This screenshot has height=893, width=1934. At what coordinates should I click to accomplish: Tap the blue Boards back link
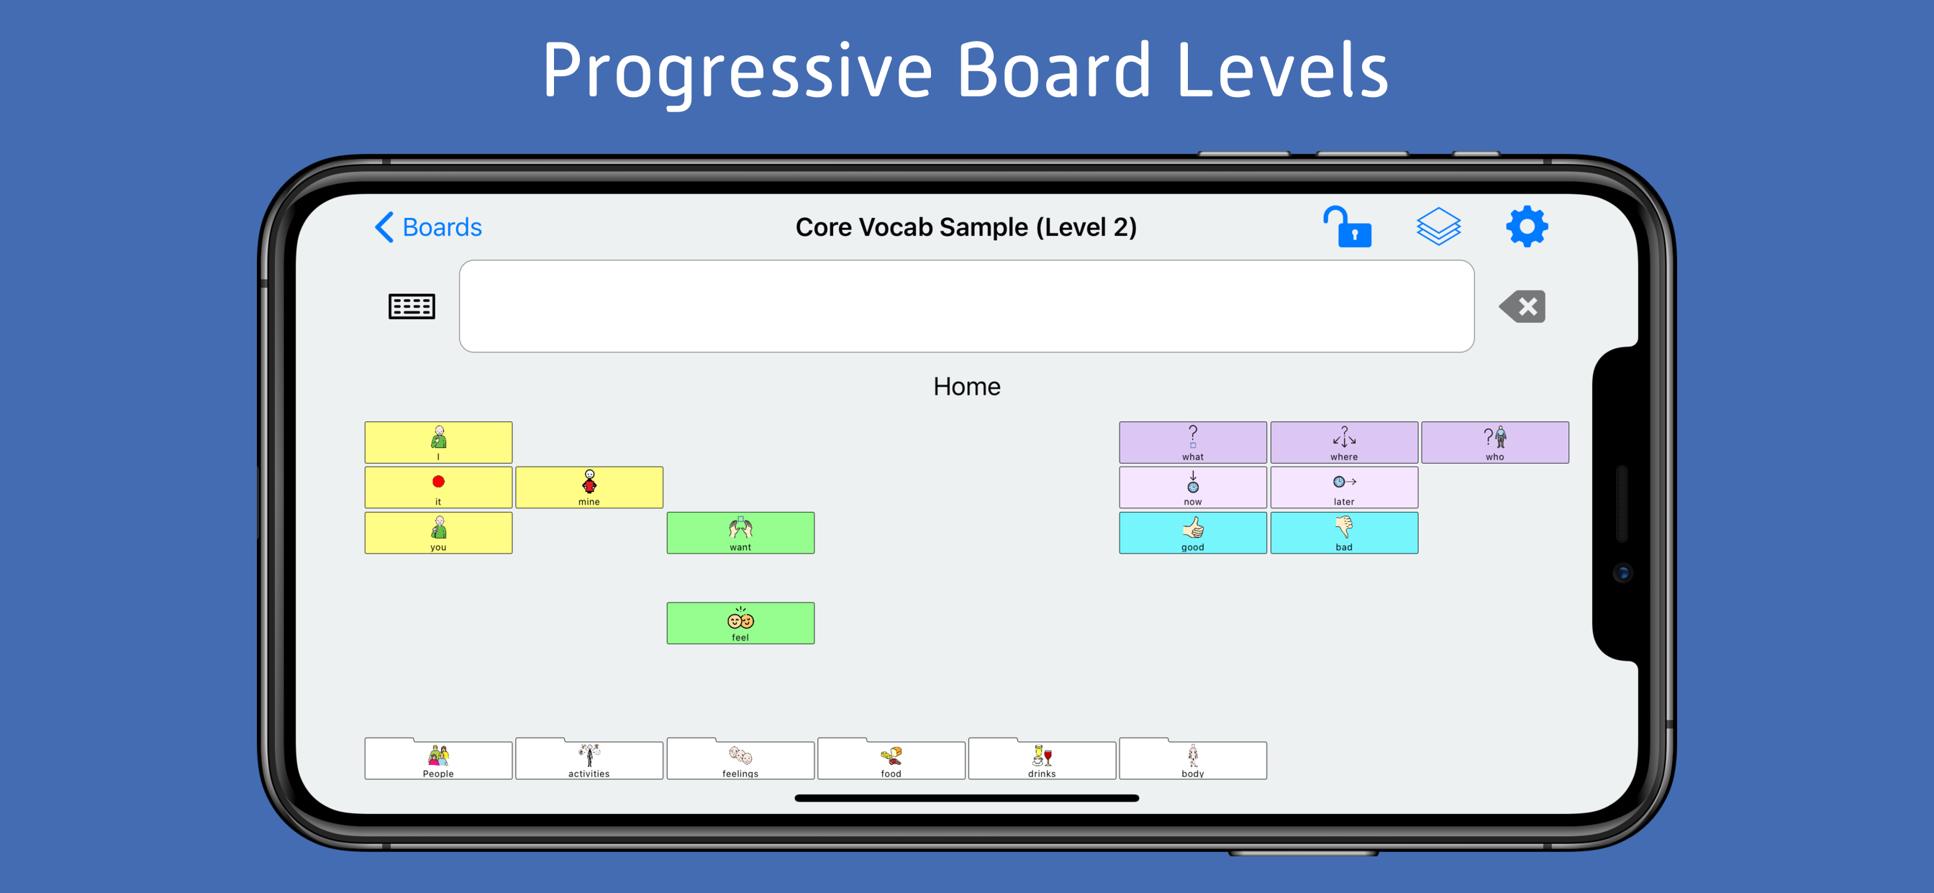coord(428,226)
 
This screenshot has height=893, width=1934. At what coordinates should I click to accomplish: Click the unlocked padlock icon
coord(1347,226)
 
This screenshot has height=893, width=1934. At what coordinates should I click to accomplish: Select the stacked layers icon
coord(1438,226)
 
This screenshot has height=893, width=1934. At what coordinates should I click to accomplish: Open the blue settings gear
coord(1527,226)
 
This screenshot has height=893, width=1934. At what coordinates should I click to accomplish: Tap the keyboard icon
coord(412,306)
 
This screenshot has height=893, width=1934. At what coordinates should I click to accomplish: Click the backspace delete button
coord(1522,306)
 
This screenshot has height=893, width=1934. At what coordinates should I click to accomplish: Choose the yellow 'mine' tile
coord(589,487)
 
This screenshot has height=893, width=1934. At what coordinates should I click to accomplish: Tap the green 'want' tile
coord(740,533)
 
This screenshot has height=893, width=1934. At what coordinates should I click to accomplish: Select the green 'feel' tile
coord(740,623)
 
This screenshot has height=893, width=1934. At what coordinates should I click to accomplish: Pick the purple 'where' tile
coord(1344,443)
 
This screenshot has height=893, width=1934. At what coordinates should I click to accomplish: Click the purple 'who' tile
coord(1495,443)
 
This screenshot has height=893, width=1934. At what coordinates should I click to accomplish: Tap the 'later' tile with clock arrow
coord(1344,487)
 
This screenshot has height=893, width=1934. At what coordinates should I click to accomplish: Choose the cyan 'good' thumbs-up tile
coord(1193,533)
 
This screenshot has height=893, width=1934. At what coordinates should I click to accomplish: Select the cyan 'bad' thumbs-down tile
coord(1344,533)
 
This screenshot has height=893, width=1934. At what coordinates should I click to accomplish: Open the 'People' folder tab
coord(438,759)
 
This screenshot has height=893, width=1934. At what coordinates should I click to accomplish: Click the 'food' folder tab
coord(891,759)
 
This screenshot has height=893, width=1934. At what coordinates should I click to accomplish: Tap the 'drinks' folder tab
coord(1042,759)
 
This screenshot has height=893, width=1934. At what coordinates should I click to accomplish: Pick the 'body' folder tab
coord(1193,759)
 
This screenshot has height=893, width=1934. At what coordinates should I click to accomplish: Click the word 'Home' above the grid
coord(967,387)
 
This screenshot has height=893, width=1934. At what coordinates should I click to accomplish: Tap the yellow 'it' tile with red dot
coord(438,487)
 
